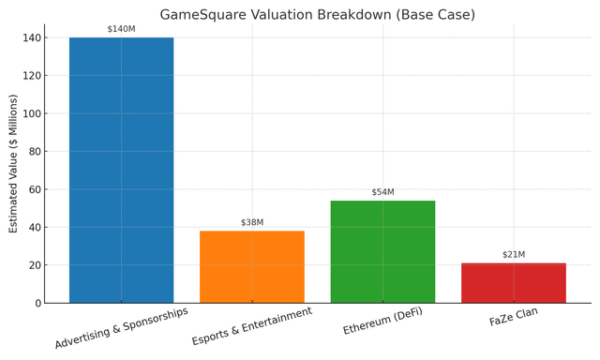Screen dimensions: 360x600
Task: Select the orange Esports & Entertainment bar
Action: pos(251,267)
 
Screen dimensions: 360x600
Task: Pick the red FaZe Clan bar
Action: pos(513,283)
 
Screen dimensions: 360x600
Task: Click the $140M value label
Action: pos(121,29)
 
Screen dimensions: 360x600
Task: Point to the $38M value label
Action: pos(251,222)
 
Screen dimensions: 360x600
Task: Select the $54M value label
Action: pos(382,192)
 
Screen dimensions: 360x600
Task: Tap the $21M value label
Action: pos(513,255)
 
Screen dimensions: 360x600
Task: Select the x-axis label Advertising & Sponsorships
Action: pos(121,327)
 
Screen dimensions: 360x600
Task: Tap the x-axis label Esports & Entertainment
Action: pos(251,326)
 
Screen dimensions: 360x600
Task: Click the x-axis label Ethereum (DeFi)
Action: pos(382,321)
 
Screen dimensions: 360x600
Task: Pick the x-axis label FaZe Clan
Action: pos(513,317)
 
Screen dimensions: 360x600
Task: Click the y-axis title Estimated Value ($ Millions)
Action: pos(13,163)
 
